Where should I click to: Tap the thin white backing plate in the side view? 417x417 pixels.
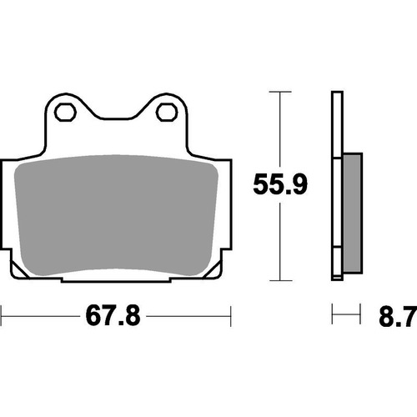pyautogui.click(x=336, y=183)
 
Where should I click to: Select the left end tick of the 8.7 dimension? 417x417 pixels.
pyautogui.click(x=333, y=316)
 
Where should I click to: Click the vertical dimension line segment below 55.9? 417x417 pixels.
pyautogui.click(x=280, y=242)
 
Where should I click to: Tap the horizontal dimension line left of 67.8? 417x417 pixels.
pyautogui.click(x=42, y=316)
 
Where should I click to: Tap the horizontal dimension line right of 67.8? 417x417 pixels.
pyautogui.click(x=192, y=316)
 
